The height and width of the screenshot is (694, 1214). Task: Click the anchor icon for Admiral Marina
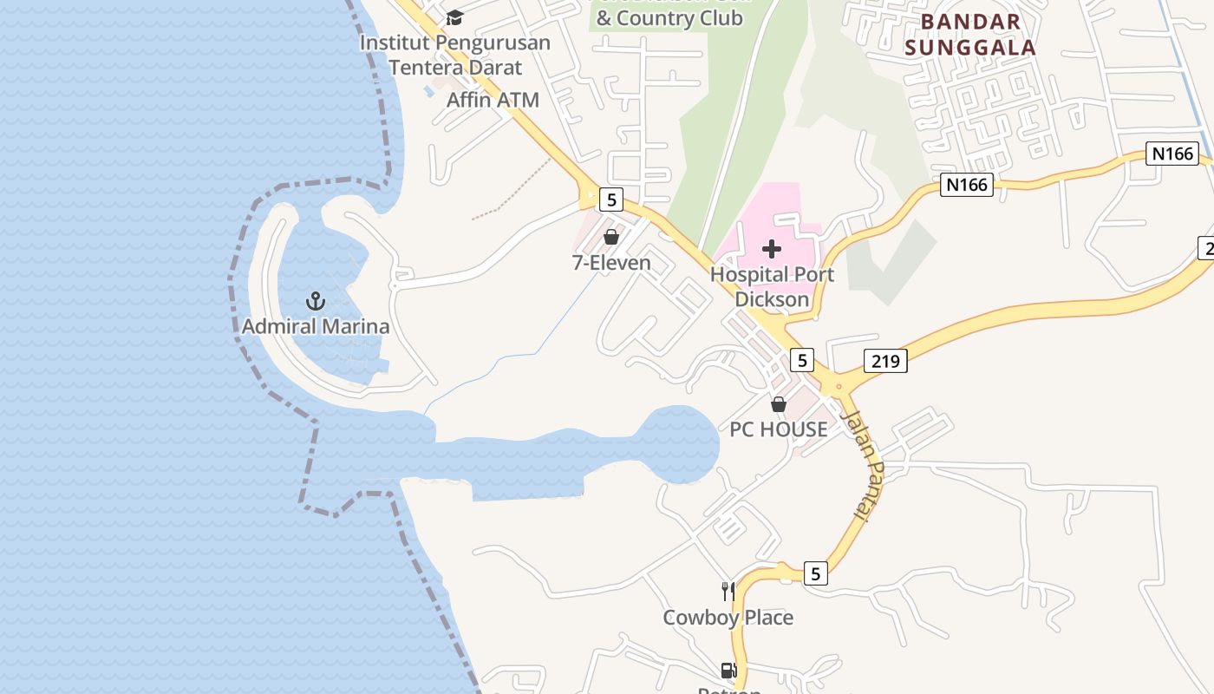coord(316,301)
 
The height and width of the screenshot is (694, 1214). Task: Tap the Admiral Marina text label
coord(316,327)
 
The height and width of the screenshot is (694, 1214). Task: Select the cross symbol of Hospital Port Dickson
coord(771,250)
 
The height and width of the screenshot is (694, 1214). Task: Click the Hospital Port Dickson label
coord(772,287)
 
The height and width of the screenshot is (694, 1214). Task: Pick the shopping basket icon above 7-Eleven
coord(611,237)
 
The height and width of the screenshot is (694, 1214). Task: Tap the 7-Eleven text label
coord(611,263)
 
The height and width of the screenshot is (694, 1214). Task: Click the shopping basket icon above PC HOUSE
coord(779,404)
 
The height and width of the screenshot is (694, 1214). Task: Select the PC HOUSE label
coord(779,429)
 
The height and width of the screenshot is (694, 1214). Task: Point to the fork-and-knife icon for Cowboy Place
coord(728,592)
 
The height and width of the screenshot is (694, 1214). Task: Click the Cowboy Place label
coord(728,618)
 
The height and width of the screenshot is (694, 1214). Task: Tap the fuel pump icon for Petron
coord(728,671)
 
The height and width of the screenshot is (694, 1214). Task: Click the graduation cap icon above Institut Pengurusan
coord(454,17)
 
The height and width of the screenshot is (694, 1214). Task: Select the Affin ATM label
coord(493,100)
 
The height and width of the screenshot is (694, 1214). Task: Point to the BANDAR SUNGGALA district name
coord(970,35)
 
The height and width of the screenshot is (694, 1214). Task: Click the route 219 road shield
coord(885,361)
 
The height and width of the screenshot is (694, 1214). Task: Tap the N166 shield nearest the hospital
coord(966,185)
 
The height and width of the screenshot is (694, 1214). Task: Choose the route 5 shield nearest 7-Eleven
coord(611,200)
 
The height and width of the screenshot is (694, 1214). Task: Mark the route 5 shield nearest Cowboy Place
coord(815,573)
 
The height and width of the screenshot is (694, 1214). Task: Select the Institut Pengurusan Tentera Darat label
coord(455,55)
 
